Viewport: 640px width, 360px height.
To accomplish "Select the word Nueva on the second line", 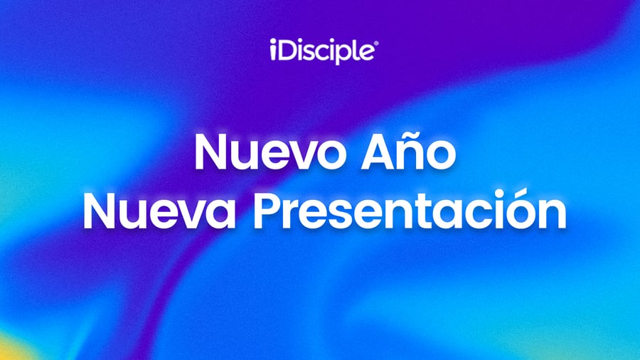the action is tap(159, 212).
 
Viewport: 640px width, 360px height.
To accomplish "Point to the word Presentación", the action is tap(410, 210).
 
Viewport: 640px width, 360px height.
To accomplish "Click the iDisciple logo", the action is tap(324, 51).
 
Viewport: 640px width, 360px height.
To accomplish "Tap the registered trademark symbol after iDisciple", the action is tap(376, 43).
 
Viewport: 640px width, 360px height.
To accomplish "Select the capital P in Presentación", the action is tap(267, 212).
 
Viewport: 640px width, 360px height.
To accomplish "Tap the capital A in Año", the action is tap(376, 152).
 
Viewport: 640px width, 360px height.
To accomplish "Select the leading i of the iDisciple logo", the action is tap(272, 50).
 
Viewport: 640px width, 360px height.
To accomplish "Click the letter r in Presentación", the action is tap(294, 217).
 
